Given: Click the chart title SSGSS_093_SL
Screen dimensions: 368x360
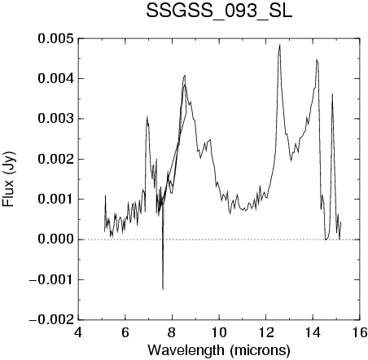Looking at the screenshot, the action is tap(219, 11).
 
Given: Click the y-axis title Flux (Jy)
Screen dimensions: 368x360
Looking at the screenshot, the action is tap(9, 179).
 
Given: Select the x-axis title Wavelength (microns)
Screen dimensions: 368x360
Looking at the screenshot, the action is tap(219, 350).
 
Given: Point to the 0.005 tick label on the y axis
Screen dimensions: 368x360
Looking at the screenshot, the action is tap(55, 38).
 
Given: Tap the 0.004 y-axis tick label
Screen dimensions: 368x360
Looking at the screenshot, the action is tap(55, 79).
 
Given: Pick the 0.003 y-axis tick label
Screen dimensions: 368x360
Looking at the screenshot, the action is tap(55, 119).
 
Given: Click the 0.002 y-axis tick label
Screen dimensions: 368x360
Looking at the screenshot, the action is tap(55, 159).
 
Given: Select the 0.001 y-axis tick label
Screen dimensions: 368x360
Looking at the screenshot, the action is tap(55, 200).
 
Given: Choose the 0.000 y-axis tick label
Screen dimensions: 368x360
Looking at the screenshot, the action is tap(55, 239).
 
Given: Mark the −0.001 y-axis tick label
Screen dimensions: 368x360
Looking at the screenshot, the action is tap(51, 279).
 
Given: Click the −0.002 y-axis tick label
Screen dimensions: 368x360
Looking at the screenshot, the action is tap(51, 320).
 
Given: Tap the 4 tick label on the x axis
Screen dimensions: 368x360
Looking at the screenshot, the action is tap(78, 332).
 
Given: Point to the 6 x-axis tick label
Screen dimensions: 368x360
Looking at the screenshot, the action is tap(125, 332).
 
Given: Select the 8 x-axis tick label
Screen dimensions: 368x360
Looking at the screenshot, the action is tap(172, 332).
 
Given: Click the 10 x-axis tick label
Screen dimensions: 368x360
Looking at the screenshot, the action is tap(219, 332).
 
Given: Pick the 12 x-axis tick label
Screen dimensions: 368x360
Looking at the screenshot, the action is tap(266, 332).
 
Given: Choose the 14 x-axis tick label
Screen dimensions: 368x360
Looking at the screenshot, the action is tap(313, 332).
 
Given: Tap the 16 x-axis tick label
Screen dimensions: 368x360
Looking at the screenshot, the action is tap(360, 332).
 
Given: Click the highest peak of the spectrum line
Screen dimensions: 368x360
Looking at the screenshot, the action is tap(279, 45).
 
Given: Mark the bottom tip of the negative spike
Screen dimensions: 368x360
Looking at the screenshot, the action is tap(163, 290).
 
